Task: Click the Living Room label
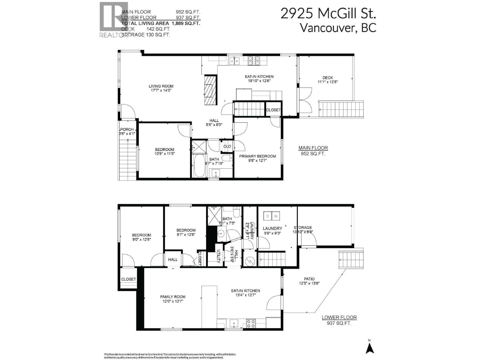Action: click(161, 86)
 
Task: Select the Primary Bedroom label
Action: click(257, 156)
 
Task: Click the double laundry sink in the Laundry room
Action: click(272, 216)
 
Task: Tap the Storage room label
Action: click(303, 227)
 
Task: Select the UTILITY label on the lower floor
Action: click(219, 256)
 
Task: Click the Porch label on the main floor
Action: click(127, 129)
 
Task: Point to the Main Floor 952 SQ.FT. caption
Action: click(313, 151)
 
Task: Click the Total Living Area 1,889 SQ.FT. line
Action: click(161, 23)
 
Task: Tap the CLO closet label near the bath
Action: click(227, 146)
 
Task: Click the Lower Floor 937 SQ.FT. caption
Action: click(339, 320)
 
